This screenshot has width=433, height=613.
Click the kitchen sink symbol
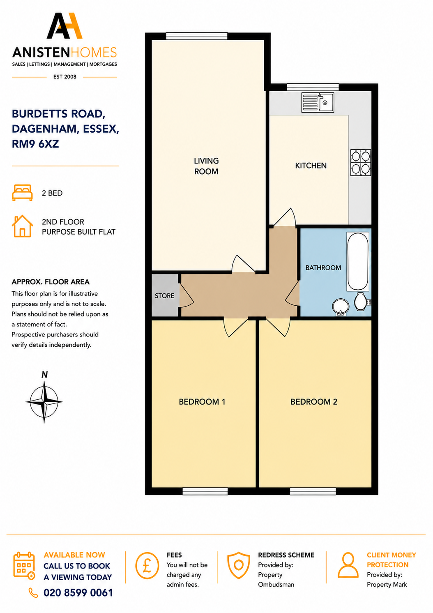click(x=318, y=102)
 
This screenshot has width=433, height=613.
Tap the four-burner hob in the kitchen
click(x=361, y=163)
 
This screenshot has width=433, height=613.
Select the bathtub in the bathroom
click(x=358, y=261)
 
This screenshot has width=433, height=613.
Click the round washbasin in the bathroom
click(x=341, y=306)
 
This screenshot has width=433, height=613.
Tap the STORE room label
click(x=164, y=295)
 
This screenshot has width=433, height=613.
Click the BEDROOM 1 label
click(x=202, y=402)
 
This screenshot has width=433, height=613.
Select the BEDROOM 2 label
click(x=314, y=402)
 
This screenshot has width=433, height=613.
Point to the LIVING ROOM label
click(x=206, y=166)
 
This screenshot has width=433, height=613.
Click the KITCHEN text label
click(x=311, y=166)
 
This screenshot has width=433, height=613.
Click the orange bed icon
click(x=22, y=193)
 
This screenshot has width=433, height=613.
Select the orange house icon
click(x=23, y=226)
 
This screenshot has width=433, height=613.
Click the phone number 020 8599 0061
click(x=78, y=593)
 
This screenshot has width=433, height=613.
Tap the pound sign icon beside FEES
click(x=147, y=566)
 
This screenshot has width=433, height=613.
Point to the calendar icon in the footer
click(x=24, y=566)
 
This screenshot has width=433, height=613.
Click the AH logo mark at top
click(x=64, y=26)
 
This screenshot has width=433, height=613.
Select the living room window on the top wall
click(x=196, y=36)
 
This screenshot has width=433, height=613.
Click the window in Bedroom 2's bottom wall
click(x=313, y=491)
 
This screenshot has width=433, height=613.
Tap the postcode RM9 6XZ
click(x=35, y=144)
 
